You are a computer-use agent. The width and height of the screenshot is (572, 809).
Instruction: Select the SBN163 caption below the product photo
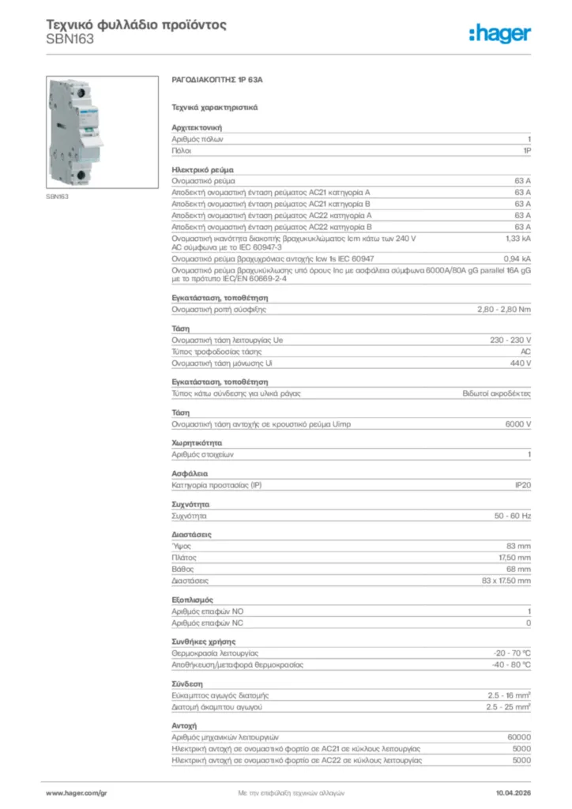click(57, 196)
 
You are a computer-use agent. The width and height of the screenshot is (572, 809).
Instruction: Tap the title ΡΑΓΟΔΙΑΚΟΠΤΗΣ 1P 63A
click(216, 81)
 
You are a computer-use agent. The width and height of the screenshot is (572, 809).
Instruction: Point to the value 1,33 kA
click(517, 238)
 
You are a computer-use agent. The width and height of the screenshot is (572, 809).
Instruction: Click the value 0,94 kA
click(517, 258)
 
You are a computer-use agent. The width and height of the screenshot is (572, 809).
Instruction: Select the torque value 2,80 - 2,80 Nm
click(504, 310)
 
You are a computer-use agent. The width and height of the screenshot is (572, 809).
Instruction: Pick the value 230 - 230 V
click(510, 340)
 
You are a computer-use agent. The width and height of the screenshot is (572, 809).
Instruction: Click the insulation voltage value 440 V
click(521, 363)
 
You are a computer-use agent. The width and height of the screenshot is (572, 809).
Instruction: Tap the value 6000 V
click(518, 424)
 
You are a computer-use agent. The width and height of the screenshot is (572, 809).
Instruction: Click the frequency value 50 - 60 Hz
click(513, 515)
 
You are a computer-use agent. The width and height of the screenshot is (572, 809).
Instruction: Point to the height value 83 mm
click(518, 546)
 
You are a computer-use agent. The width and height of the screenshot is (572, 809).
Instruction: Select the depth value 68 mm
click(518, 569)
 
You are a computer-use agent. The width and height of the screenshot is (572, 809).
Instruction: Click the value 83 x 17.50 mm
click(506, 581)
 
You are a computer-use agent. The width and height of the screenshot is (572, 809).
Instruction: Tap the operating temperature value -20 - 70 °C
click(510, 653)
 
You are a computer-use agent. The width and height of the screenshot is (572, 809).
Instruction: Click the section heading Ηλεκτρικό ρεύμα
click(202, 170)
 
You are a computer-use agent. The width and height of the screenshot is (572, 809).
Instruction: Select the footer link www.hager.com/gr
click(76, 792)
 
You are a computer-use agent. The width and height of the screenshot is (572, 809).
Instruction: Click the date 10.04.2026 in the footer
click(513, 792)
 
